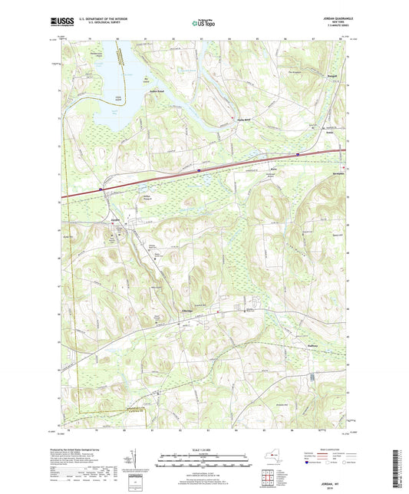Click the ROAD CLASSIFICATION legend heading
click(x=329, y=448)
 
